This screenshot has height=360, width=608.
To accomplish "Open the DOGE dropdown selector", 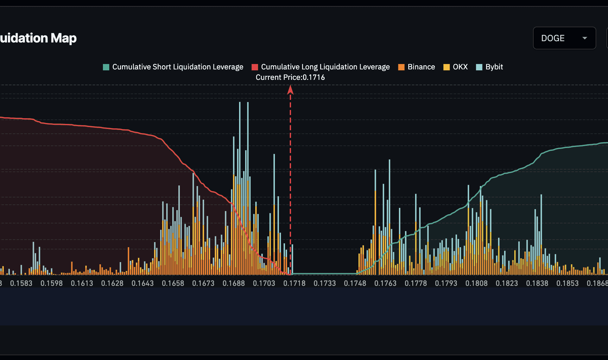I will pyautogui.click(x=564, y=38).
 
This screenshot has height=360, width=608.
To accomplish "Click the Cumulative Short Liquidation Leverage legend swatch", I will pyautogui.click(x=106, y=67).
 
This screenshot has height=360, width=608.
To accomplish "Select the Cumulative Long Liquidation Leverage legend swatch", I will pyautogui.click(x=255, y=67).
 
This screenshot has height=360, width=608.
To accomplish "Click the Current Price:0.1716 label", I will pyautogui.click(x=290, y=77).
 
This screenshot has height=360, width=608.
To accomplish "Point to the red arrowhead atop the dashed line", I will pyautogui.click(x=290, y=90).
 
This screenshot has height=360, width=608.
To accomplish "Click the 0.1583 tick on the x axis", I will pyautogui.click(x=21, y=283).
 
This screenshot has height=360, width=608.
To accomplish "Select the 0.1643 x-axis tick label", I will pyautogui.click(x=142, y=283).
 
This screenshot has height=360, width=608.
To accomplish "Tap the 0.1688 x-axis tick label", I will pyautogui.click(x=234, y=283).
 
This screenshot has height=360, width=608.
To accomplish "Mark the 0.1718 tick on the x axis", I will pyautogui.click(x=294, y=283).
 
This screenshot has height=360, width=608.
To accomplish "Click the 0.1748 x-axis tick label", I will pyautogui.click(x=355, y=283).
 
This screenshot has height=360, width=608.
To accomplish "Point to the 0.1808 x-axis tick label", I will pyautogui.click(x=476, y=283).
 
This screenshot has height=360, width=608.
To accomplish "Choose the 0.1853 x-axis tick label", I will pyautogui.click(x=567, y=283).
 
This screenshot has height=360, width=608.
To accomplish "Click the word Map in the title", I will pyautogui.click(x=64, y=38).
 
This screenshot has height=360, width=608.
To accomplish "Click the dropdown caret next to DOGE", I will pyautogui.click(x=585, y=38).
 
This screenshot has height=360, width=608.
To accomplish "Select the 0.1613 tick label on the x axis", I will pyautogui.click(x=82, y=283).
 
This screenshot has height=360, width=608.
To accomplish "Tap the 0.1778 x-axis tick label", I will pyautogui.click(x=416, y=283).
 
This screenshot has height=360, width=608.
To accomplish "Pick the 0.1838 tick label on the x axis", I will pyautogui.click(x=537, y=283).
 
